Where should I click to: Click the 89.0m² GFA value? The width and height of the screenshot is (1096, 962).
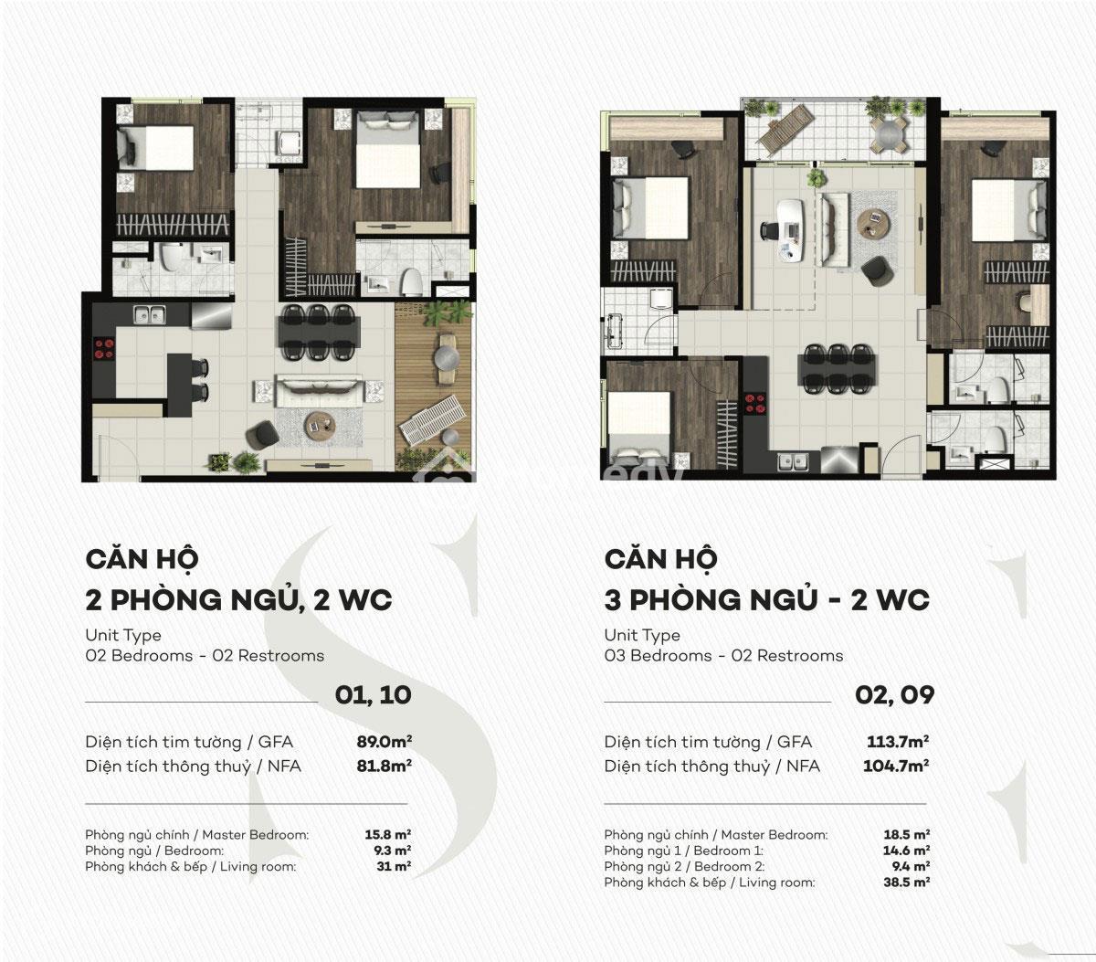tap(385, 741)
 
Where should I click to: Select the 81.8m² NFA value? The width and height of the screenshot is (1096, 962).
tap(385, 766)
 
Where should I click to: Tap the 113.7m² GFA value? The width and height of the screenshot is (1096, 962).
tap(898, 741)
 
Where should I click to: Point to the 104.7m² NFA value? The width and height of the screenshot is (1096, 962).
tap(896, 766)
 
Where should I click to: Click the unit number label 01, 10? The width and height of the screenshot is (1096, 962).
tap(374, 695)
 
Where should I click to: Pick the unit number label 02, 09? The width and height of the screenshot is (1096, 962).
tap(895, 695)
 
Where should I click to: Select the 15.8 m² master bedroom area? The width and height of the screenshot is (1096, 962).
tap(388, 835)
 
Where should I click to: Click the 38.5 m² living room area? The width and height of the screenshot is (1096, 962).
tap(907, 883)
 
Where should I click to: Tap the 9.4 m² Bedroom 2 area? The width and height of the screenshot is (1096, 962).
tap(911, 866)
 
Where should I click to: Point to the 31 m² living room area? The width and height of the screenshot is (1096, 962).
tap(394, 866)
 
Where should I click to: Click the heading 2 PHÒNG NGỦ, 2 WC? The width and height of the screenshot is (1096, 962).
tap(239, 600)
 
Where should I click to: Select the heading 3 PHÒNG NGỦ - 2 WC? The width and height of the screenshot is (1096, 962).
tap(767, 600)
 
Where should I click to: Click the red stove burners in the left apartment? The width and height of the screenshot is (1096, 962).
tap(104, 348)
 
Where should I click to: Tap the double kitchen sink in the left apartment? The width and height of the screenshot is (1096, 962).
tap(150, 313)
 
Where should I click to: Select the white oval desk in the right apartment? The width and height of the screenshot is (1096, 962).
tap(791, 230)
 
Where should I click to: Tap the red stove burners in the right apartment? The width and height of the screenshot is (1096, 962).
tap(755, 403)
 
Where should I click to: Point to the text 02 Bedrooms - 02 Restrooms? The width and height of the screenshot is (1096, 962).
tap(205, 656)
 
